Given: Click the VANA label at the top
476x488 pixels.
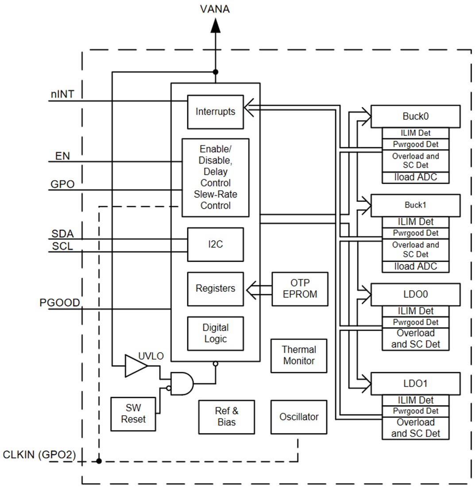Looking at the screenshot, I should pyautogui.click(x=215, y=9).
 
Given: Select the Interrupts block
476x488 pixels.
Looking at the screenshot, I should pyautogui.click(x=215, y=111).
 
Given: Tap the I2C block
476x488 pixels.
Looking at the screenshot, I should pyautogui.click(x=215, y=244).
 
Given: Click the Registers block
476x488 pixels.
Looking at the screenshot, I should pyautogui.click(x=215, y=289).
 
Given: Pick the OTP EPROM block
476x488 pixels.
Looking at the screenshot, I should pyautogui.click(x=300, y=289).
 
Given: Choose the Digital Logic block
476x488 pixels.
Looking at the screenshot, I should pyautogui.click(x=215, y=333).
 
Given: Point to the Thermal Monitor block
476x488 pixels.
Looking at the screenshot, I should pyautogui.click(x=299, y=356).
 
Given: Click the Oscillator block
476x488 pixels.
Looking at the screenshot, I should pyautogui.click(x=299, y=417).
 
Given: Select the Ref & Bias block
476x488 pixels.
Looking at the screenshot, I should pyautogui.click(x=227, y=417).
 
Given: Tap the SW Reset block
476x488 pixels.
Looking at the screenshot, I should pyautogui.click(x=133, y=414).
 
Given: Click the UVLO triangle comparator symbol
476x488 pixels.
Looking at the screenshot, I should pyautogui.click(x=135, y=366).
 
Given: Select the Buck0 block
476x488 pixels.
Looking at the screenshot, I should pyautogui.click(x=415, y=116).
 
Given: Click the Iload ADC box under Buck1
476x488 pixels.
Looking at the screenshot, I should pyautogui.click(x=415, y=267).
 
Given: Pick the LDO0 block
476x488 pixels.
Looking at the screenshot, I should pyautogui.click(x=415, y=294).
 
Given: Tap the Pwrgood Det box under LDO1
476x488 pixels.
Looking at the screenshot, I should pyautogui.click(x=415, y=411).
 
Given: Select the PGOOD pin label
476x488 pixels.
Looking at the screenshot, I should pyautogui.click(x=60, y=303).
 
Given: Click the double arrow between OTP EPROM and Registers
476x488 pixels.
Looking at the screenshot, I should pyautogui.click(x=258, y=289).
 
